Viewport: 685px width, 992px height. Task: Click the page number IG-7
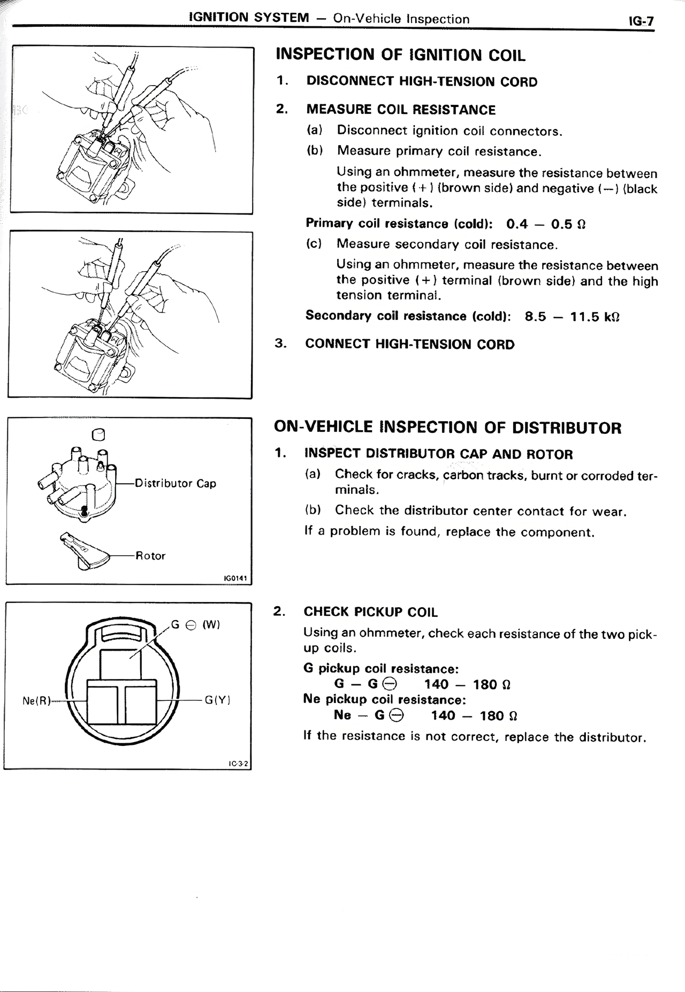tap(641, 21)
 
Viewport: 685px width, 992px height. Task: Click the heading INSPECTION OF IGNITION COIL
tap(400, 55)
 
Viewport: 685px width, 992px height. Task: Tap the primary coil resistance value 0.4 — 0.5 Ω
tap(546, 224)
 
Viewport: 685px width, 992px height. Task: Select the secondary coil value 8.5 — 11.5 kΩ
tap(572, 317)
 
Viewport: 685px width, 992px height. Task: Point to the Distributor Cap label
tap(176, 483)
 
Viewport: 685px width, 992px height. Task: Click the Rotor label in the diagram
tap(150, 555)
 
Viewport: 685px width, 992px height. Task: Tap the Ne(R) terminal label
tap(37, 700)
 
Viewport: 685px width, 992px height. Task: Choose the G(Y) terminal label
tap(217, 699)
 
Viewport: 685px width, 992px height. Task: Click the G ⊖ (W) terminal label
tap(195, 624)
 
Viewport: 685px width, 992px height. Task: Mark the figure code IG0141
tap(237, 578)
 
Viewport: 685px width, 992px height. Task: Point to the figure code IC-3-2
tap(238, 764)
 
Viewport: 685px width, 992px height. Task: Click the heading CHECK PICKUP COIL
tap(370, 612)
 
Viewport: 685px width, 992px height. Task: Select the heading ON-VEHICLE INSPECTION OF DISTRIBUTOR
tap(447, 428)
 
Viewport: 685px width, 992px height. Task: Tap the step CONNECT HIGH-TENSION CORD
tap(409, 344)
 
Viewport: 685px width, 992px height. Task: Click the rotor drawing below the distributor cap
tap(85, 551)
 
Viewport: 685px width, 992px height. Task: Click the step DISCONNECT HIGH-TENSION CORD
tap(422, 82)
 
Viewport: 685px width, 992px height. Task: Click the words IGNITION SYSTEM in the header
tap(249, 18)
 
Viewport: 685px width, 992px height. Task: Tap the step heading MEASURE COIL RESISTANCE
tap(401, 110)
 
